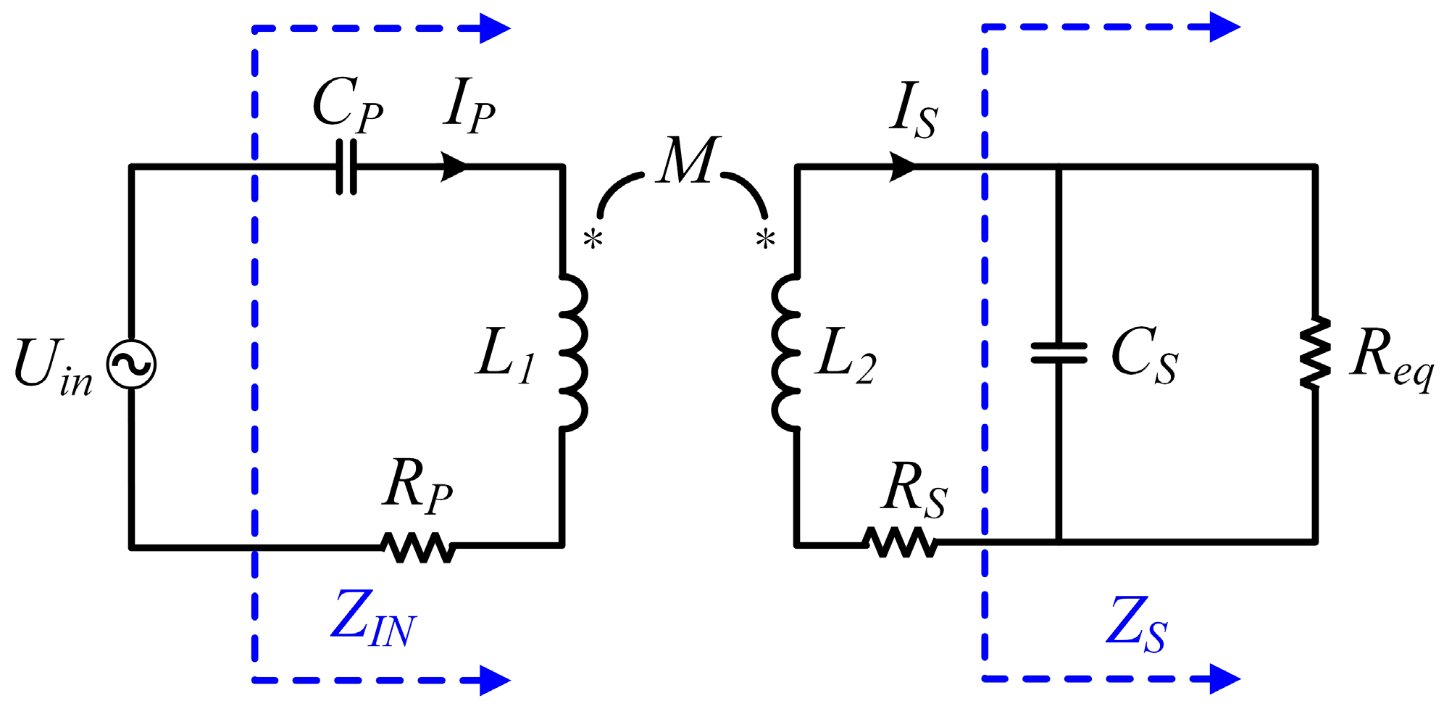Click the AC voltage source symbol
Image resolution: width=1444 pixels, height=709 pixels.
point(131,364)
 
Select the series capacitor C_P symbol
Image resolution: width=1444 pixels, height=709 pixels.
point(346,167)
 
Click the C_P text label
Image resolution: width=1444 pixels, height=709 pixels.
point(347,107)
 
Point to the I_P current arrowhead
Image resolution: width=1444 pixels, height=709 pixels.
point(455,166)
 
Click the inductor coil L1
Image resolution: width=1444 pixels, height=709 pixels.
point(572,353)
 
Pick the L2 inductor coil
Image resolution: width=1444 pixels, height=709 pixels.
point(786,353)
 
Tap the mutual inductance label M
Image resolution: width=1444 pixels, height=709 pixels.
point(688,161)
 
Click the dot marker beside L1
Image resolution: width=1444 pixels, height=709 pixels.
point(593,239)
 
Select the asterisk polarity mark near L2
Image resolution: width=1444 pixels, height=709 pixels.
point(765,239)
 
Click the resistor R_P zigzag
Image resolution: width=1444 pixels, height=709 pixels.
point(418,547)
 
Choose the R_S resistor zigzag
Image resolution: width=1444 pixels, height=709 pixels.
point(899,542)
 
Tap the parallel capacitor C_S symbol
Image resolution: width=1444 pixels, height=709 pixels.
point(1059,353)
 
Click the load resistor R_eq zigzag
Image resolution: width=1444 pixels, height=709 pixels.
point(1315,353)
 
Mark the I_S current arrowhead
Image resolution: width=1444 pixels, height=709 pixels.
point(902,166)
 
